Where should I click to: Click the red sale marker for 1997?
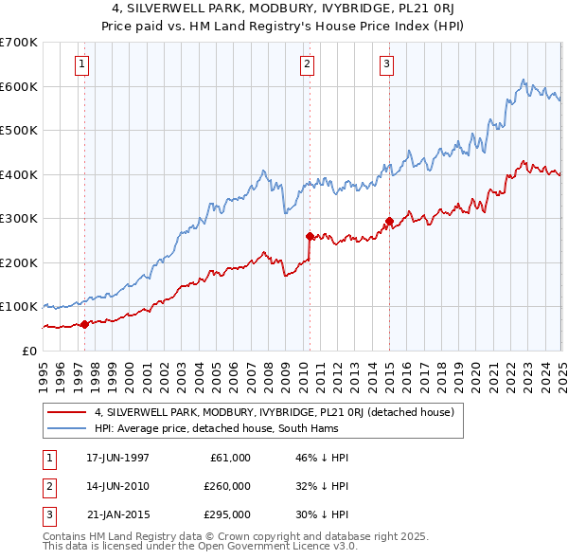[x=84, y=324]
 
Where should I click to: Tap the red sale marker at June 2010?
[x=310, y=236]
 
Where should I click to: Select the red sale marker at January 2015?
[x=389, y=221]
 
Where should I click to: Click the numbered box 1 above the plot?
[x=84, y=64]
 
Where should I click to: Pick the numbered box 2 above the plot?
[x=309, y=64]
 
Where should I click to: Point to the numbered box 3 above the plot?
[x=388, y=64]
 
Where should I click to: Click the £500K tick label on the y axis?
[x=18, y=131]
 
